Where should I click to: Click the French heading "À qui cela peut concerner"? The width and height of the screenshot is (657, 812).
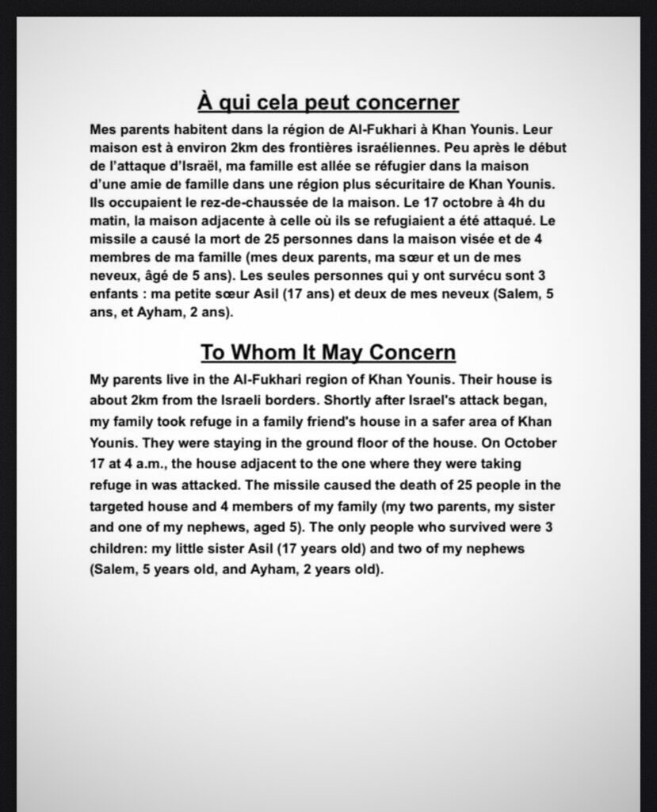click(327, 103)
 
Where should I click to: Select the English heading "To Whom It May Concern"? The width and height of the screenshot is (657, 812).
click(327, 351)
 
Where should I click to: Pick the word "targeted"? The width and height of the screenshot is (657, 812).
click(118, 505)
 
